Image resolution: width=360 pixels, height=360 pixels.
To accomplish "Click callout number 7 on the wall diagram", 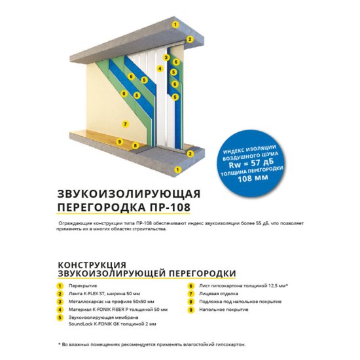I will (x=125, y=123).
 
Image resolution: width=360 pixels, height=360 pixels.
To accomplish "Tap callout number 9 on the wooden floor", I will (x=119, y=141).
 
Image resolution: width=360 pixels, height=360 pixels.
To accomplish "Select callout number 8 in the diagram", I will (x=135, y=145).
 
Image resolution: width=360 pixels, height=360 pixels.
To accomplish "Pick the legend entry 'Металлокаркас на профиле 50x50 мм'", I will (x=109, y=302).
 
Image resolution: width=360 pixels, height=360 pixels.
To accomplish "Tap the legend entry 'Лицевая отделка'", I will (x=217, y=294).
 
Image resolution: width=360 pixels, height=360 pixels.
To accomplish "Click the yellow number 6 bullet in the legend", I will (x=190, y=286).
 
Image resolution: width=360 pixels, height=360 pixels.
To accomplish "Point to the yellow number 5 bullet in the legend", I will (x=60, y=317).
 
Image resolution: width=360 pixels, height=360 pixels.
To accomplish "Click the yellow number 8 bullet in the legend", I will (x=190, y=302).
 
